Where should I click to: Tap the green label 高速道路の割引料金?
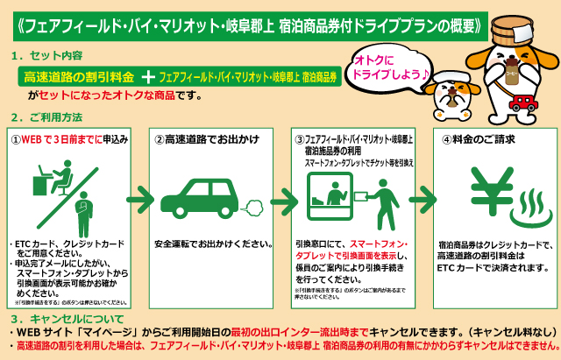click(79, 78)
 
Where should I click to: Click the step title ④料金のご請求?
click(478, 139)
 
